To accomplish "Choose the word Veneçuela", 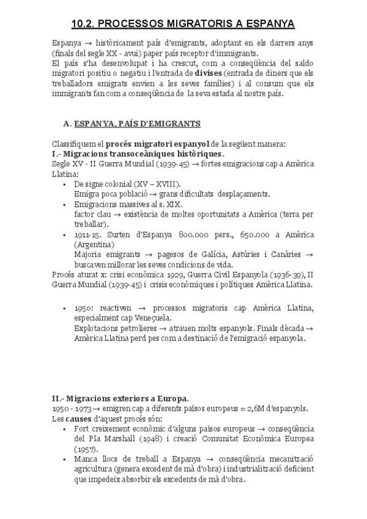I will click(152, 318).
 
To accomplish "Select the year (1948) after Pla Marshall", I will click(149, 439).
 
